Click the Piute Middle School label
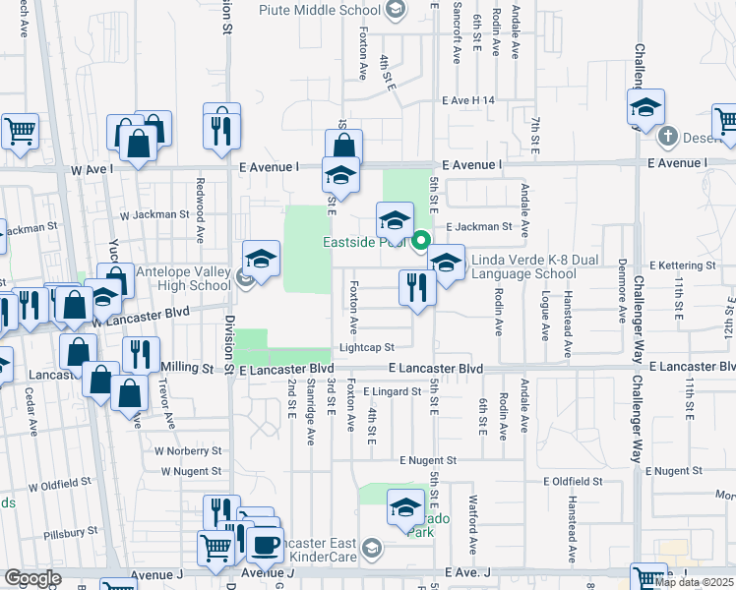coord(319,10)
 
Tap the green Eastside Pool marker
coord(422,240)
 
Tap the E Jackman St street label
coord(480,226)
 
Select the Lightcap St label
coord(366,347)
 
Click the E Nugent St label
coord(428,459)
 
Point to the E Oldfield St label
coord(572,481)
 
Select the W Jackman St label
coord(153,213)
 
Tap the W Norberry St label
coord(186,449)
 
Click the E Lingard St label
coord(391,390)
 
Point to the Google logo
coord(32,578)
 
